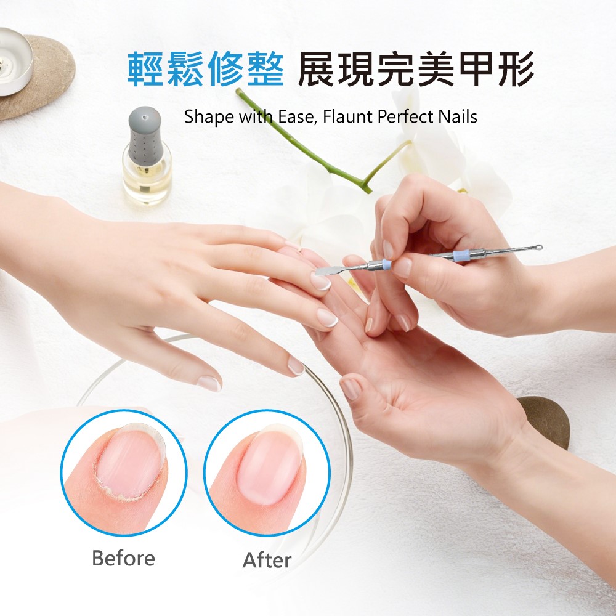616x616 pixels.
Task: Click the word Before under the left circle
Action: (123, 558)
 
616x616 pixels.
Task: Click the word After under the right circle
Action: (267, 560)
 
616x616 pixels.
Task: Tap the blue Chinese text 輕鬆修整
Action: (206, 69)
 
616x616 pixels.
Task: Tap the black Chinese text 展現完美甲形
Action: (416, 69)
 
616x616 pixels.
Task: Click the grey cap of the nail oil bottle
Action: (145, 136)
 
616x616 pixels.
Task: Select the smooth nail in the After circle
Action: (270, 464)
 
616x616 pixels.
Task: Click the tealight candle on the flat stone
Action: (14, 60)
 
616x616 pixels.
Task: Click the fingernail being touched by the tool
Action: (321, 282)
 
